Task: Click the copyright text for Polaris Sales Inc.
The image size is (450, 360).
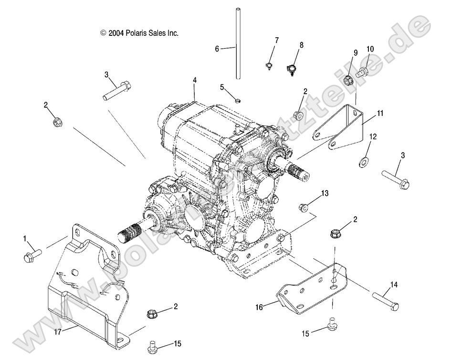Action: point(139,33)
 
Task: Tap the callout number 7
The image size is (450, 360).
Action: point(276,40)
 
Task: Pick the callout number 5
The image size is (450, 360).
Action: point(222,87)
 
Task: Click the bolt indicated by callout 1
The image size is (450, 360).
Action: point(31,255)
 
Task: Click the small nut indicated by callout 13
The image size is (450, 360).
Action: point(303,207)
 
